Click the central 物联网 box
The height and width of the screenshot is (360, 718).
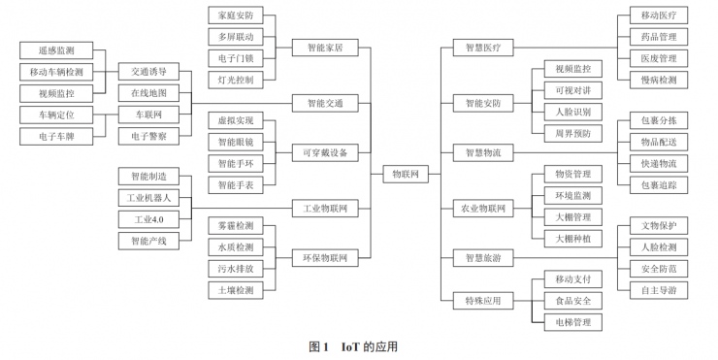[x=405, y=174]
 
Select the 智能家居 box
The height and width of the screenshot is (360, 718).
[x=325, y=47]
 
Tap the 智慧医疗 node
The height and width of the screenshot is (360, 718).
[x=482, y=47]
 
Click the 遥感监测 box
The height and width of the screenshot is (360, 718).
[x=50, y=50]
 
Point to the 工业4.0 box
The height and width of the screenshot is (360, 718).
[x=148, y=219]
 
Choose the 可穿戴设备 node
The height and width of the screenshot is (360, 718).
[x=325, y=152]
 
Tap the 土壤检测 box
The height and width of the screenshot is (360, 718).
[x=236, y=290]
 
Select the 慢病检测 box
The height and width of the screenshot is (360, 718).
[x=659, y=81]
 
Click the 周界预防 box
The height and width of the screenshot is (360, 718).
[x=566, y=133]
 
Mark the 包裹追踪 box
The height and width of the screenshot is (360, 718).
[x=659, y=183]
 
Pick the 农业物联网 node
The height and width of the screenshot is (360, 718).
[x=482, y=207]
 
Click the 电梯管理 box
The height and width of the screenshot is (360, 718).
[x=566, y=321]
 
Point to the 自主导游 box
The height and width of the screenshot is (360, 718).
[x=659, y=290]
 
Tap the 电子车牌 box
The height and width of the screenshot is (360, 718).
[x=50, y=136]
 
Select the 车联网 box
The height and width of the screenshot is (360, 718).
[x=148, y=115]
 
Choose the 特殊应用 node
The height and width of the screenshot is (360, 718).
[x=482, y=301]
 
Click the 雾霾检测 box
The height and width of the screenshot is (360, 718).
[x=236, y=226]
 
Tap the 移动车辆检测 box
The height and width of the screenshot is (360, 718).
[x=50, y=72]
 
